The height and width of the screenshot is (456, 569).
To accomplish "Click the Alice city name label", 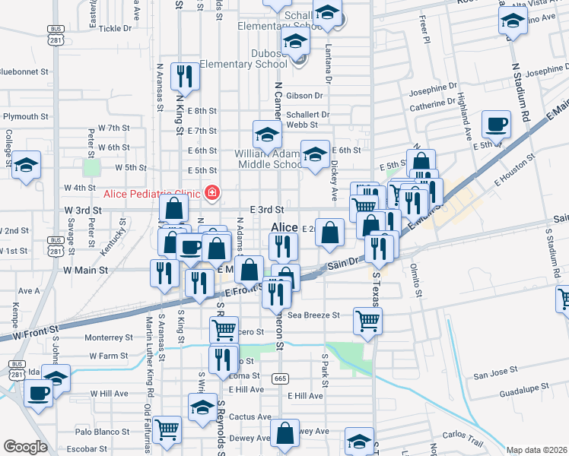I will point(284,227).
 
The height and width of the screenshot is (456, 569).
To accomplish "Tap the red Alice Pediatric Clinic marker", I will point(211,193).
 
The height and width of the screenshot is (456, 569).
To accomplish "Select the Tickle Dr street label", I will point(116,28).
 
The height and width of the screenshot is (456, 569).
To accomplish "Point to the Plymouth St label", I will point(26,117).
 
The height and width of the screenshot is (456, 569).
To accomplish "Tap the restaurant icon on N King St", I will point(184,75).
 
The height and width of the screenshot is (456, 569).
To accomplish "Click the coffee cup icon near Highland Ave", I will point(496,124).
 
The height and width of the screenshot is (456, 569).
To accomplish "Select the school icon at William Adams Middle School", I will point(267,134).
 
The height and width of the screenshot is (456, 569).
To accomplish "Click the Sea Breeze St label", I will point(313,315).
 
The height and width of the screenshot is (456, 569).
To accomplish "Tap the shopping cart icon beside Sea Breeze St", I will point(367,320).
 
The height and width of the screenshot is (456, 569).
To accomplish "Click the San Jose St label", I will point(495,375).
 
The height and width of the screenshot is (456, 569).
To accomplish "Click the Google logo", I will point(25,447).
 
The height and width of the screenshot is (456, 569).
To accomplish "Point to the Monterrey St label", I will point(109,337).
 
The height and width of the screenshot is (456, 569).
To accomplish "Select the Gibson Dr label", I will point(305,96).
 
